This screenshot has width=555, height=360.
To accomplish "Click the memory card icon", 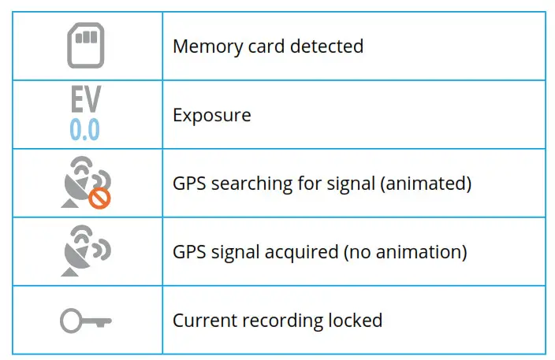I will click(85, 46).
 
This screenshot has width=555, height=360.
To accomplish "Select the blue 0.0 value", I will click(84, 128).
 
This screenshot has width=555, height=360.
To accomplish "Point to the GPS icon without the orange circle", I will click(85, 251).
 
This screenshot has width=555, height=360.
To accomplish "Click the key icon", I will click(85, 321).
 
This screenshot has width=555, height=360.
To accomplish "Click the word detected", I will click(326, 46).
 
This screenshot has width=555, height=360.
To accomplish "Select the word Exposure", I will click(211, 115).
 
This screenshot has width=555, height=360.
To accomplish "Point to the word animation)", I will click(426, 252).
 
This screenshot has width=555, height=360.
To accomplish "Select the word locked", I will click(355, 321).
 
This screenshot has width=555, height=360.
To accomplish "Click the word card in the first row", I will click(263, 46).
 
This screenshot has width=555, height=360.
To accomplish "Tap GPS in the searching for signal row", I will click(187, 184).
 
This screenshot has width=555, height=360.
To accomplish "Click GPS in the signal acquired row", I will click(187, 252).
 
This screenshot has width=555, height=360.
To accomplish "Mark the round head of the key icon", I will click(70, 321).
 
